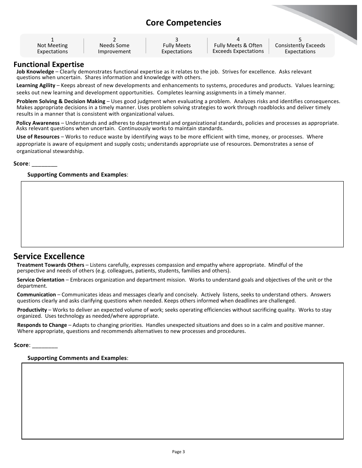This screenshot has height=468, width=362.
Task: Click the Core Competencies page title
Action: (183, 23)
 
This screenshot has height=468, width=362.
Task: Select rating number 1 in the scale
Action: (52, 40)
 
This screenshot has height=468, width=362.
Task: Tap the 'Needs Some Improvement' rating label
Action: (114, 48)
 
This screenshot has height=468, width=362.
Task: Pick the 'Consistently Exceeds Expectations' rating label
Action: (300, 48)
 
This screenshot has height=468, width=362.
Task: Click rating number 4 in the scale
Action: (238, 39)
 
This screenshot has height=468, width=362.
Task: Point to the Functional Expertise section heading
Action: (49, 64)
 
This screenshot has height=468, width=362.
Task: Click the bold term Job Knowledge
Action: (35, 72)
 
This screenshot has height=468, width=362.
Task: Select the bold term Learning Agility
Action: (36, 86)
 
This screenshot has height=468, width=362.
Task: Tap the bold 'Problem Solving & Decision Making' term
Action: (61, 101)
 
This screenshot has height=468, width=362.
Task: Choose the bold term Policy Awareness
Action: (38, 123)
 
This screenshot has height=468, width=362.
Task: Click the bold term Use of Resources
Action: (38, 137)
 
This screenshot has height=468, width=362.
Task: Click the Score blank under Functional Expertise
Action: (44, 164)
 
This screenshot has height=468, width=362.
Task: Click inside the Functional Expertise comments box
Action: (182, 214)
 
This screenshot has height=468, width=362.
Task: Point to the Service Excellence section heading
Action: (49, 256)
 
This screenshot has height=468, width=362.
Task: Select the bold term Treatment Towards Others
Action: (50, 265)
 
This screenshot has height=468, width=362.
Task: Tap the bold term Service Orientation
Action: (40, 280)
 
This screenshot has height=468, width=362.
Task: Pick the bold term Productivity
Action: (32, 310)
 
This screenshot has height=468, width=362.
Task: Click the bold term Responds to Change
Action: (42, 325)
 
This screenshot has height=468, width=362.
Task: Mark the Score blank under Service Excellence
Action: (45, 345)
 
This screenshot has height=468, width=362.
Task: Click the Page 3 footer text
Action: (178, 452)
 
